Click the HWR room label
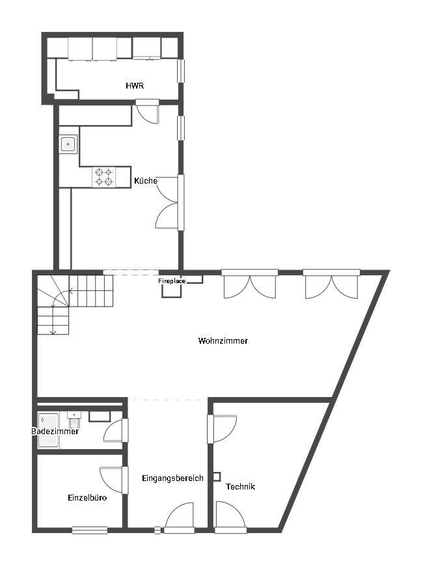pos(135,86)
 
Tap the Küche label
pos(146,180)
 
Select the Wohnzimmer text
pos(223,340)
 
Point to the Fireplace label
pos(172,281)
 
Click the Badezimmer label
pos(55,431)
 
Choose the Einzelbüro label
pos(87,497)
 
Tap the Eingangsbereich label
pos(172,478)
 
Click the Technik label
pos(240,486)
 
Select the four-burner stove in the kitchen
pos(104,177)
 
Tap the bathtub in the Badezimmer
pos(48,430)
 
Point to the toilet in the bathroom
pos(75,419)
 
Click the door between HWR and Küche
pos(147,112)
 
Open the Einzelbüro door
pos(114,480)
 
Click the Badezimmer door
pos(116,430)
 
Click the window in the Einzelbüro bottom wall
pos(90,530)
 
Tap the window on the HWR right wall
pos(181,70)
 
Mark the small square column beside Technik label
pos(217,476)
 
